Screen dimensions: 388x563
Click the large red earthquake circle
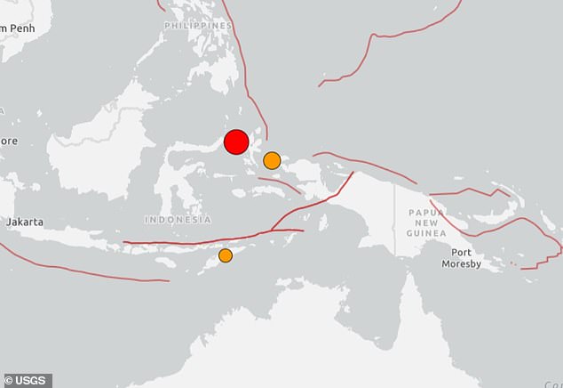(235, 142)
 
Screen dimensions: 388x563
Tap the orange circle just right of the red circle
(272, 160)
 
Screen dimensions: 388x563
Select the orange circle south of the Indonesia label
(226, 255)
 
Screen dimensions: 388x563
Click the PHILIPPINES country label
(199, 26)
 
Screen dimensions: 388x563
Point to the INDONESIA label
(178, 220)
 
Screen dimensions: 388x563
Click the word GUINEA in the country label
(426, 232)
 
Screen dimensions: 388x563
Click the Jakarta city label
(25, 221)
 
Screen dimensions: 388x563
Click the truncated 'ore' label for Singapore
(8, 140)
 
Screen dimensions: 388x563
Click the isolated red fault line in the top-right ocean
(391, 40)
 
